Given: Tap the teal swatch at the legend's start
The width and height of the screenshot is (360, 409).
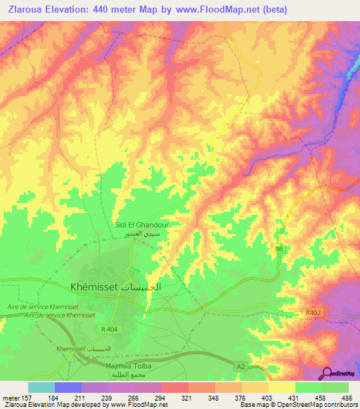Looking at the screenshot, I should click(41, 387).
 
